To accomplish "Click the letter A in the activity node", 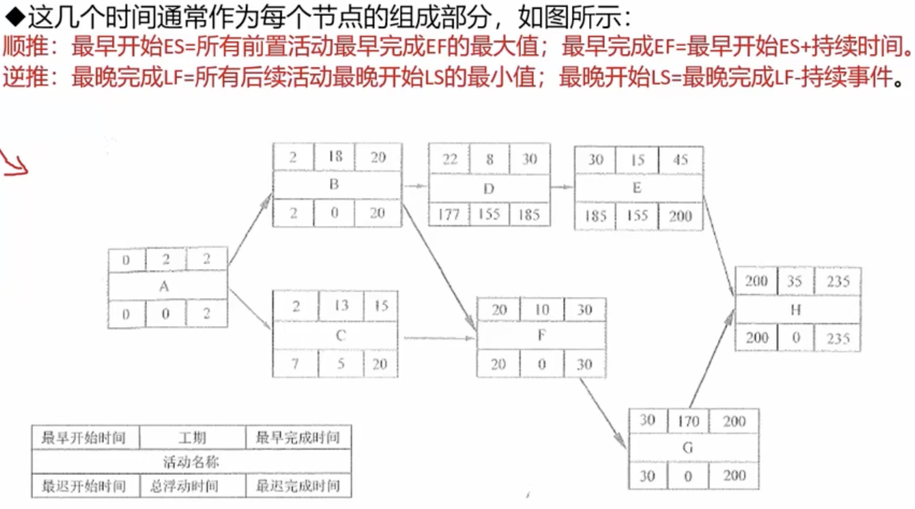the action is click(x=164, y=286).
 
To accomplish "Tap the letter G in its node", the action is click(x=688, y=448).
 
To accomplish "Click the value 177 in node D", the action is click(x=449, y=215).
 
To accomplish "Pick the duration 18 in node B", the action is click(x=335, y=157).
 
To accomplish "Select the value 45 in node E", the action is click(x=680, y=160).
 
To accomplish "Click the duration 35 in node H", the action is click(x=795, y=282).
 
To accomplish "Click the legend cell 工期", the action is click(x=192, y=438).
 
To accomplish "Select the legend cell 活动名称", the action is click(x=191, y=462).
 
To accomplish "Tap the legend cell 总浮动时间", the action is click(x=184, y=486).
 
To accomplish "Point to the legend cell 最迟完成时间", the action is click(x=298, y=486).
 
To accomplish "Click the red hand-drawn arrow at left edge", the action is click(x=14, y=164).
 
